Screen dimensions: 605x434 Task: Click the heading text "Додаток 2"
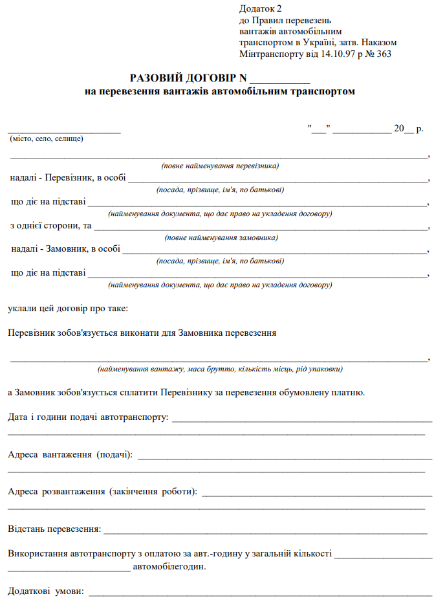point(261,8)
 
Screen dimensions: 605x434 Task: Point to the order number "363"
point(383,54)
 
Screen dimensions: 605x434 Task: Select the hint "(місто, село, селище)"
point(46,138)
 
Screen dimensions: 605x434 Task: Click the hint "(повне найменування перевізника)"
point(220,166)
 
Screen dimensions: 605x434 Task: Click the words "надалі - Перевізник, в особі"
point(68,177)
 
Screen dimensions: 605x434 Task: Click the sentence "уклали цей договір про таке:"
point(68,309)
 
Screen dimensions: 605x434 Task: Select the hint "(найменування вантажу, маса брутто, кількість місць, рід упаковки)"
point(220,369)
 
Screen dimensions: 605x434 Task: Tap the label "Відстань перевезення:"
point(54,529)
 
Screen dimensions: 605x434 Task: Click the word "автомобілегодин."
point(169,567)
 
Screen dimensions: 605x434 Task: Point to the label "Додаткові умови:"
point(46,591)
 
